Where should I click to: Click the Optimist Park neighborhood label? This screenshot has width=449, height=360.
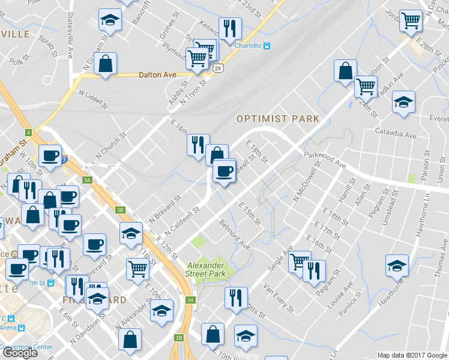coord(278,119)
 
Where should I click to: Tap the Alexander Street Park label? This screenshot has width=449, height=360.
coord(205,270)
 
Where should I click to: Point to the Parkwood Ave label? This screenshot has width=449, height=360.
coord(325,159)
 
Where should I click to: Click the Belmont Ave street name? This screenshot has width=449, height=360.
coord(235,235)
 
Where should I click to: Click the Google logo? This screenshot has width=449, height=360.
coord(20,353)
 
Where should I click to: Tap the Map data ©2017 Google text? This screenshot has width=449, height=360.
coord(412,355)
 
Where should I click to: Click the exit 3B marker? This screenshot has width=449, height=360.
coord(121,209)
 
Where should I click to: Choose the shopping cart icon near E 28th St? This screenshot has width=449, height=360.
coord(411,22)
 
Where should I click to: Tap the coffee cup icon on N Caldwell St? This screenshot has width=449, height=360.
coord(224,170)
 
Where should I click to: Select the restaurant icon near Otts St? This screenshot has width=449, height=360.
coord(236,297)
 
